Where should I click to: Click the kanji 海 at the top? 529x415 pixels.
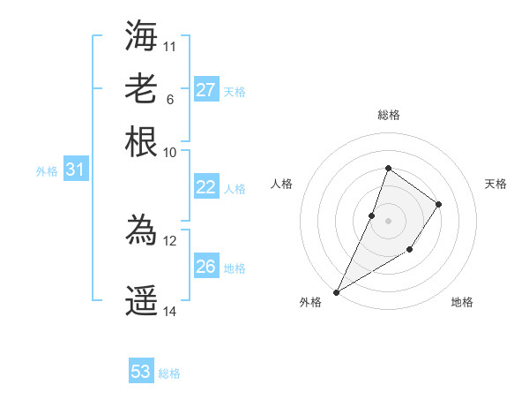pyautogui.click(x=141, y=34)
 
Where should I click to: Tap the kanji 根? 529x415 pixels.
pyautogui.click(x=141, y=142)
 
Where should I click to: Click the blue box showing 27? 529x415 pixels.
pyautogui.click(x=206, y=90)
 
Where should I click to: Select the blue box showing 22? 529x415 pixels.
pyautogui.click(x=206, y=187)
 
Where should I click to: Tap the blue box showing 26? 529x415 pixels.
pyautogui.click(x=206, y=267)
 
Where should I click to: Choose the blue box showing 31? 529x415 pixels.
pyautogui.click(x=75, y=170)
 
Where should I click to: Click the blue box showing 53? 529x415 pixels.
pyautogui.click(x=141, y=372)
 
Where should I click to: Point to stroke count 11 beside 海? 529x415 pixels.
pyautogui.click(x=170, y=45)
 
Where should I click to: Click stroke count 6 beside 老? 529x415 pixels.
pyautogui.click(x=170, y=99)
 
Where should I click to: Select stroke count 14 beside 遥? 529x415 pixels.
pyautogui.click(x=170, y=312)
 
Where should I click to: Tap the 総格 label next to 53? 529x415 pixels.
pyautogui.click(x=169, y=373)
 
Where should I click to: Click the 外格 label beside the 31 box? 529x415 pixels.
pyautogui.click(x=47, y=171)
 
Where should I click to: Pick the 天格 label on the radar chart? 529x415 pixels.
pyautogui.click(x=496, y=184)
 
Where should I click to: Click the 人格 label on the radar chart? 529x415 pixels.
pyautogui.click(x=282, y=184)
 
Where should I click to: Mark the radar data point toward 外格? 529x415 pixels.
pyautogui.click(x=336, y=291)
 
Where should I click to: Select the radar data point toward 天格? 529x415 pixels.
pyautogui.click(x=438, y=204)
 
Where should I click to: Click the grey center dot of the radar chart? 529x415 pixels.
pyautogui.click(x=388, y=220)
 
